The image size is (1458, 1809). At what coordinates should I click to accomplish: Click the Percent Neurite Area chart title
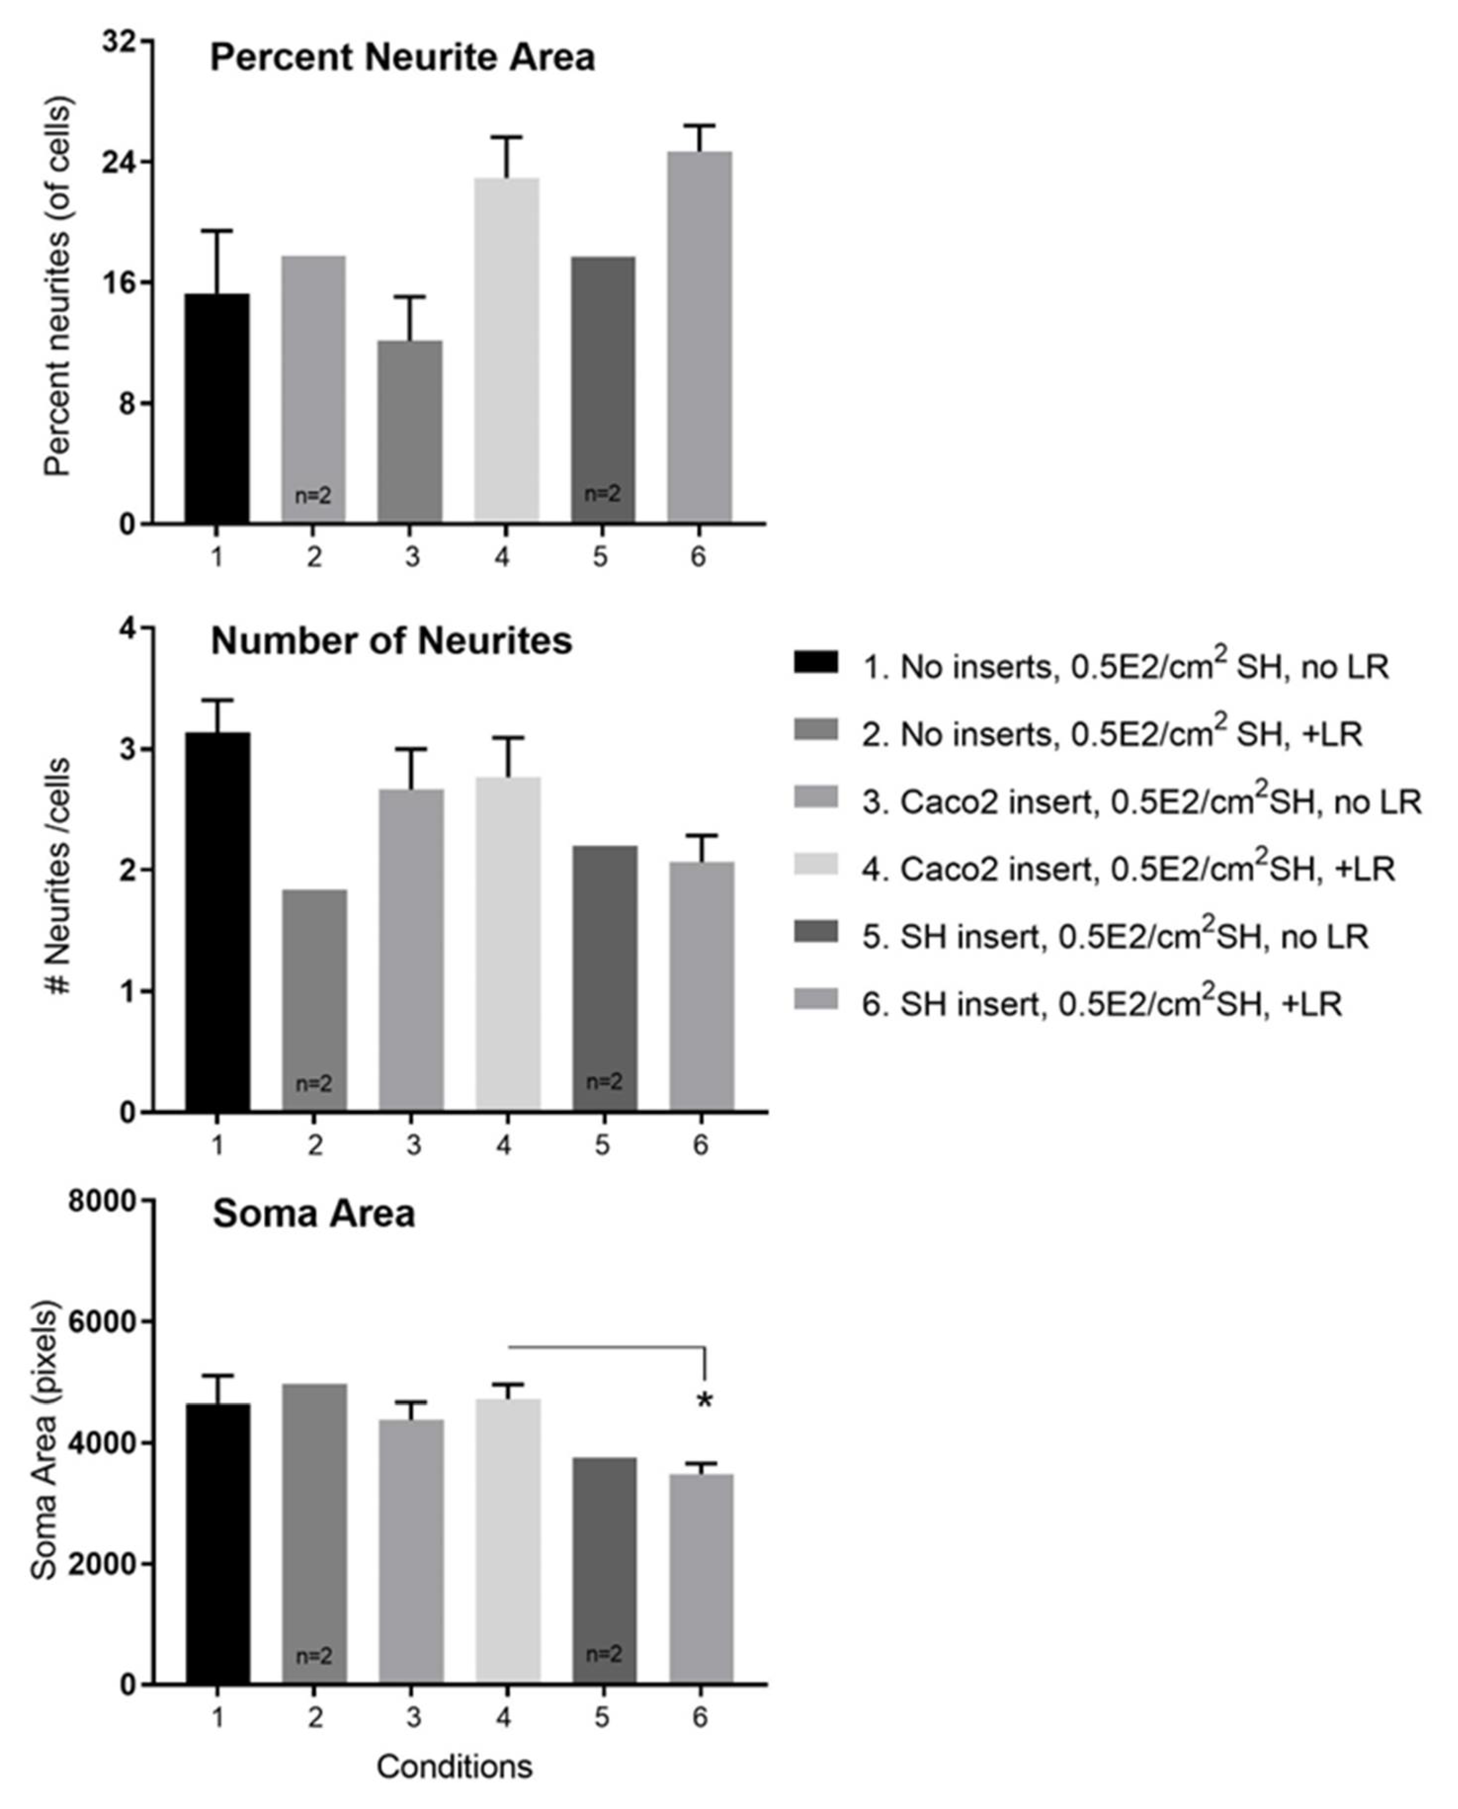(x=402, y=58)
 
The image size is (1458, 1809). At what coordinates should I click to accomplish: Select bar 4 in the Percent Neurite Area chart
(x=506, y=353)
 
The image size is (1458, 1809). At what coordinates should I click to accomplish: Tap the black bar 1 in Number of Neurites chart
(x=217, y=924)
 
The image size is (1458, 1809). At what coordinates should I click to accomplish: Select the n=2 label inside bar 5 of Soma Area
(x=603, y=1654)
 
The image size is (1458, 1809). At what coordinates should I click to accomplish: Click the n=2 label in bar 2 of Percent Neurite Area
(x=313, y=496)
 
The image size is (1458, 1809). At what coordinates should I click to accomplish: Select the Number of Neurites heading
(x=391, y=641)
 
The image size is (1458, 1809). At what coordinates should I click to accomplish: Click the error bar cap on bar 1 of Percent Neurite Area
(x=217, y=231)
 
